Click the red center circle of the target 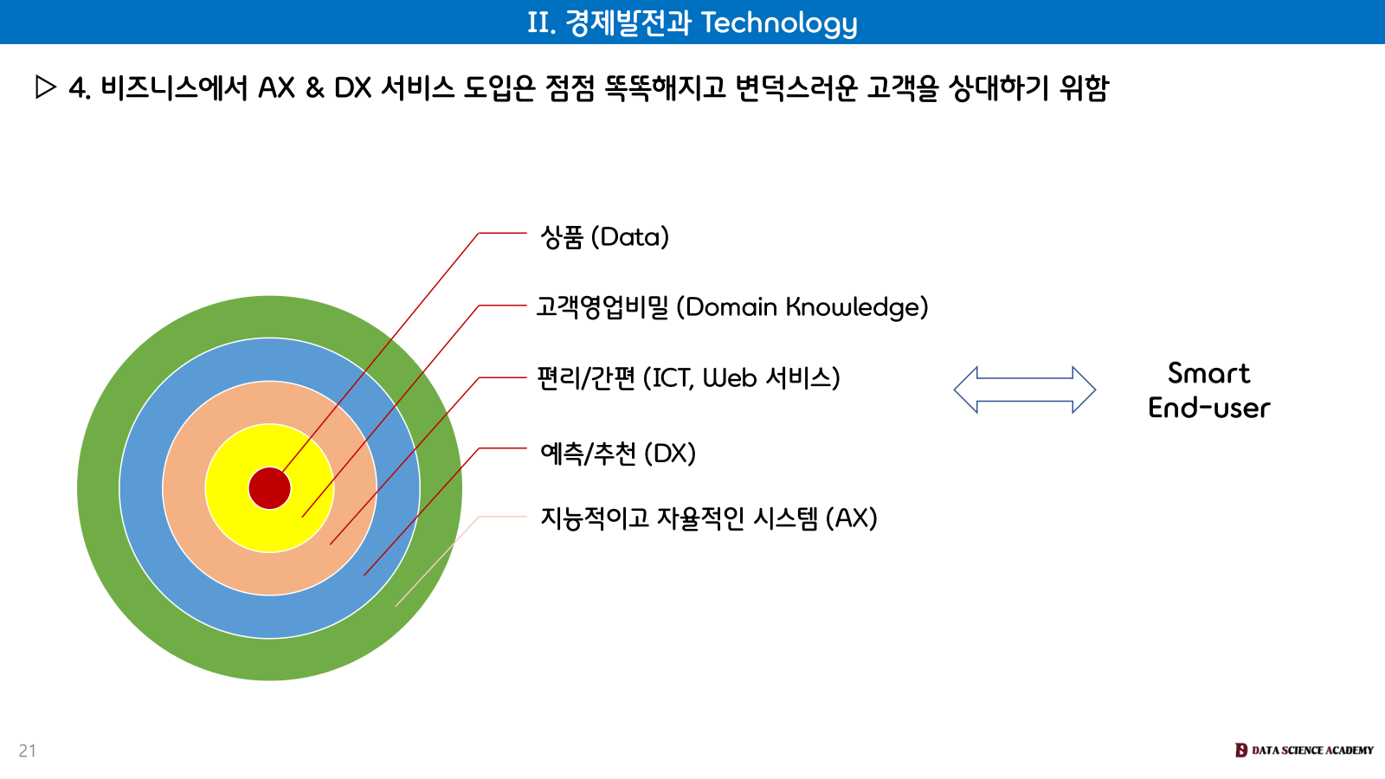[269, 488]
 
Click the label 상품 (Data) [604, 237]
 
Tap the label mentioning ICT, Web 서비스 [688, 378]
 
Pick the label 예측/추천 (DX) [618, 454]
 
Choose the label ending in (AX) [708, 518]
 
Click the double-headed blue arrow [1024, 389]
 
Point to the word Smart [1208, 373]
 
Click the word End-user [1208, 408]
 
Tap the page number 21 [28, 750]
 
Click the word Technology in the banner [779, 23]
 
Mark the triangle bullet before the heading [46, 87]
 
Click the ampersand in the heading [314, 87]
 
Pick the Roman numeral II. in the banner [541, 23]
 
